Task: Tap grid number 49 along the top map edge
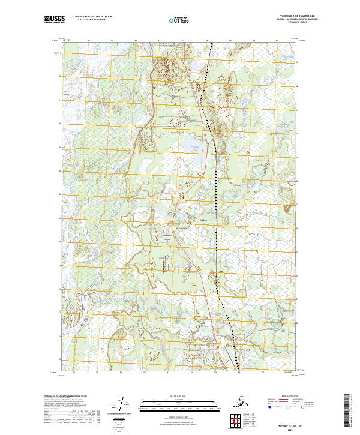point(89,41)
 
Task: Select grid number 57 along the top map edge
point(277,41)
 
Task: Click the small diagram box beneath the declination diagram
point(123,422)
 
